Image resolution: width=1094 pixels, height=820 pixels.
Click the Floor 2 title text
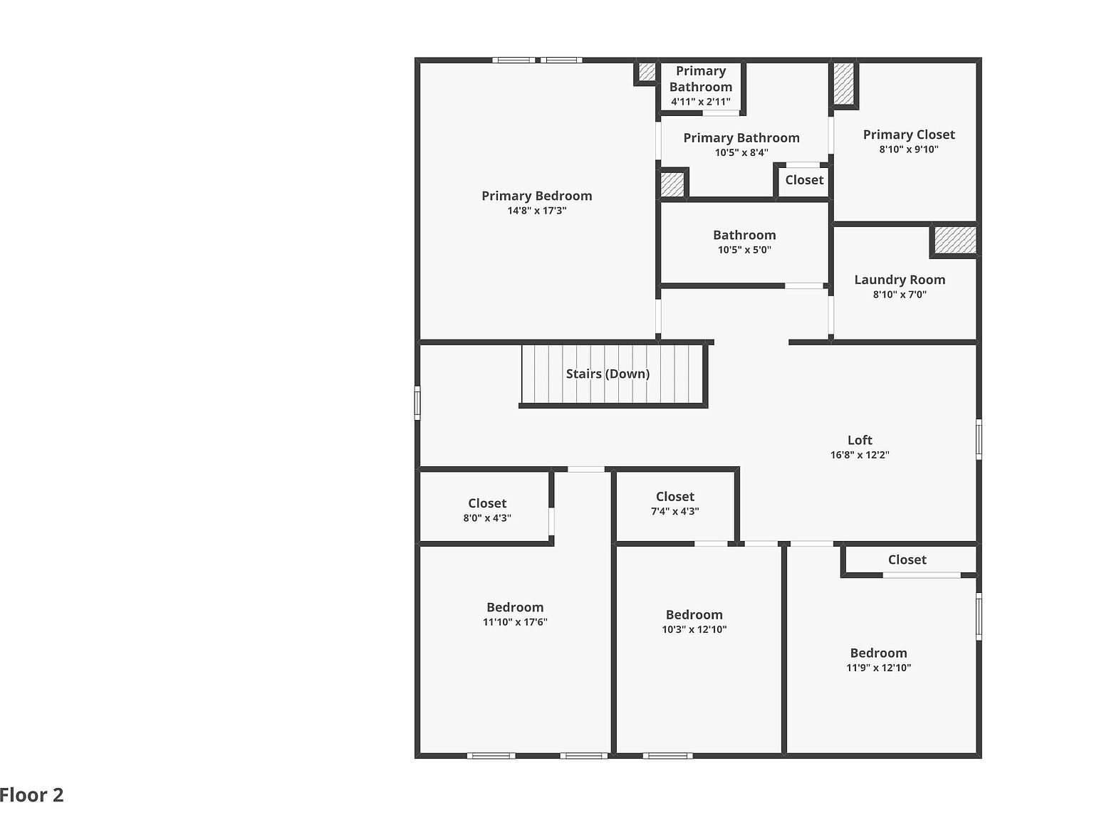[32, 795]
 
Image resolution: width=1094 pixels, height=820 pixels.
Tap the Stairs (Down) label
[608, 374]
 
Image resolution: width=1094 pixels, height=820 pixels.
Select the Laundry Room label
[900, 280]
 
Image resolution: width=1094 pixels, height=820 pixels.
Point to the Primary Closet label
[909, 135]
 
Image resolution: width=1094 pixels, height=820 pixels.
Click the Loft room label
[860, 440]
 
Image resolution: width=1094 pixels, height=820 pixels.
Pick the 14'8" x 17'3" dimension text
[536, 211]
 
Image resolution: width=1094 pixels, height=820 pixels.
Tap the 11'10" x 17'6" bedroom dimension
[515, 622]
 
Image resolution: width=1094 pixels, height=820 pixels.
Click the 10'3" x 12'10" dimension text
[694, 629]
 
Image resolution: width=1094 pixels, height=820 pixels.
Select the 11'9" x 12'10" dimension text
[878, 668]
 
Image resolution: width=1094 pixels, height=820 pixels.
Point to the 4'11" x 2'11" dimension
[700, 102]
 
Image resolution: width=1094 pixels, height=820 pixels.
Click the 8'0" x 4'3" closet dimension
[487, 518]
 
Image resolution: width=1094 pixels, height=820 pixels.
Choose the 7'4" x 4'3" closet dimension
[674, 511]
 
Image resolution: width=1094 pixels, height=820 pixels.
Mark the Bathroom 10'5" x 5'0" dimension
[744, 250]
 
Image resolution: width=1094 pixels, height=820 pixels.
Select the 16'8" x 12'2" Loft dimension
[860, 455]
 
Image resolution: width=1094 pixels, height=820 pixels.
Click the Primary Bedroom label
[536, 196]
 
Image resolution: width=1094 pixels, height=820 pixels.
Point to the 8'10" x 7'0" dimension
[900, 295]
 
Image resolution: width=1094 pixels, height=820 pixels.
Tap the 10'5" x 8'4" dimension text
[741, 152]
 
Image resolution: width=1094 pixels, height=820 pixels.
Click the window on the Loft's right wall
[979, 439]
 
